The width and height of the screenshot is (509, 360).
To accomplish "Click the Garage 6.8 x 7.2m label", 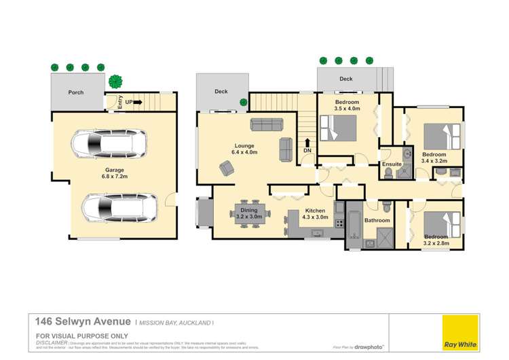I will (113, 175).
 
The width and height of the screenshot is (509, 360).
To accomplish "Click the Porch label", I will (75, 92).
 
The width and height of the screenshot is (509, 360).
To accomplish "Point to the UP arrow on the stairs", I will (136, 103).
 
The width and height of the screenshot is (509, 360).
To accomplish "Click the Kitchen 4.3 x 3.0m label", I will (314, 215).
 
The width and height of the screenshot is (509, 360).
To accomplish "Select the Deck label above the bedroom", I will (346, 79).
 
